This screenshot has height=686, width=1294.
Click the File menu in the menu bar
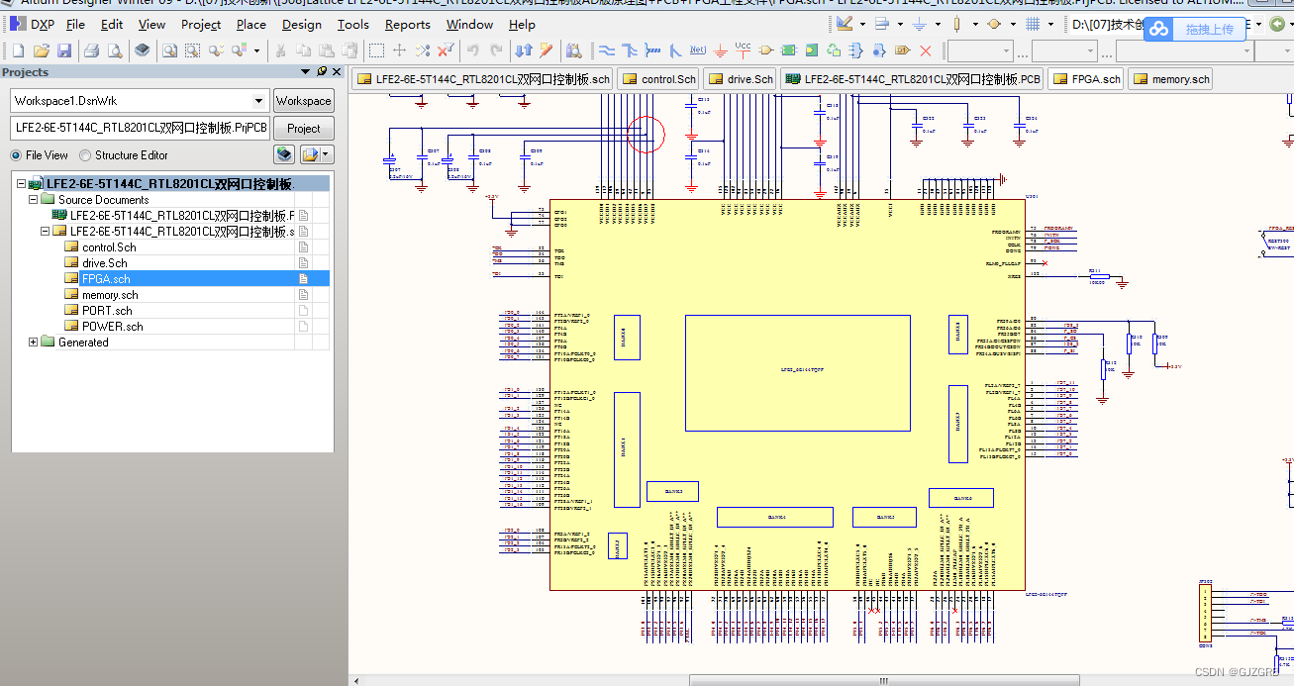tap(75, 25)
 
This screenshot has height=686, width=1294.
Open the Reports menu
tap(407, 25)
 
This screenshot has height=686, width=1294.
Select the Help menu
tap(522, 25)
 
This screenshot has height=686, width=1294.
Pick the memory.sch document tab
tap(1170, 79)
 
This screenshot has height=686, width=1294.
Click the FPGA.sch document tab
tap(1086, 79)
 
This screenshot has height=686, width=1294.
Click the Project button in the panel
tap(303, 128)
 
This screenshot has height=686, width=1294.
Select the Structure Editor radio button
tap(86, 155)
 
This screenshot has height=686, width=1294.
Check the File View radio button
tap(17, 155)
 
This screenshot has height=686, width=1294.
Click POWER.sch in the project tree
tap(112, 327)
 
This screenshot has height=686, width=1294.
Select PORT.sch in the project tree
tap(107, 311)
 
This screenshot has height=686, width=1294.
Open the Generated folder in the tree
tap(83, 343)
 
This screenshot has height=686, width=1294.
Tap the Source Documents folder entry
tap(103, 200)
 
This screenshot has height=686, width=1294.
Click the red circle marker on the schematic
tap(646, 134)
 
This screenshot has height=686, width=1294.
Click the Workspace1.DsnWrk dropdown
tap(140, 101)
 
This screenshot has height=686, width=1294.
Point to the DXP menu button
tap(33, 25)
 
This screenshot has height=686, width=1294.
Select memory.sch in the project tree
tap(110, 295)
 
